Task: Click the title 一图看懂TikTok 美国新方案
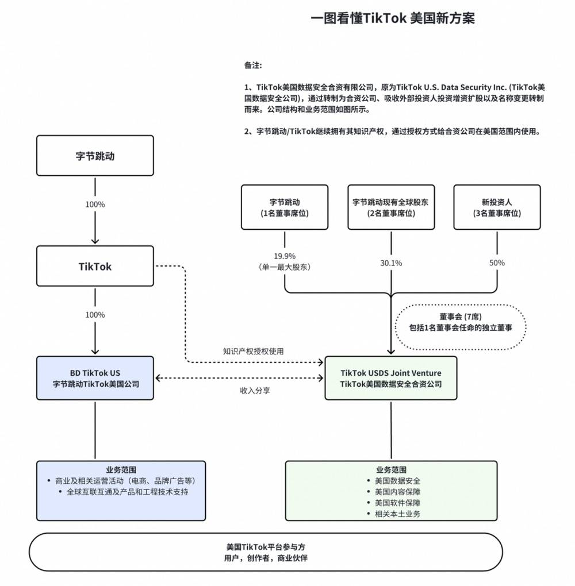(x=393, y=18)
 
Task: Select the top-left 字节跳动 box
(x=95, y=156)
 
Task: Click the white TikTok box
(x=95, y=266)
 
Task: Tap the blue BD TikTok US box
(x=95, y=378)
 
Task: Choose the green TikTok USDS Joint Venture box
(x=391, y=378)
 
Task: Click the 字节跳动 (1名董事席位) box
(x=285, y=207)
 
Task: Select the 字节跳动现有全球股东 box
(x=391, y=207)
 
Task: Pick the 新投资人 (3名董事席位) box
(x=497, y=207)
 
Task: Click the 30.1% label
(x=391, y=263)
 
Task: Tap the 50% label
(x=497, y=263)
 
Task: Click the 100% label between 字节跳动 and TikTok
(x=95, y=205)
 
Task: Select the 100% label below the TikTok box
(x=95, y=315)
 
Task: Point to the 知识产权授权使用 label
(x=253, y=351)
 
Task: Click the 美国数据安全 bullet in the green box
(x=397, y=481)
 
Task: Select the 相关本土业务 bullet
(x=397, y=513)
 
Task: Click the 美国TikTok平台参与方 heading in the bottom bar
(x=266, y=548)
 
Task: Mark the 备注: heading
(x=253, y=65)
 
